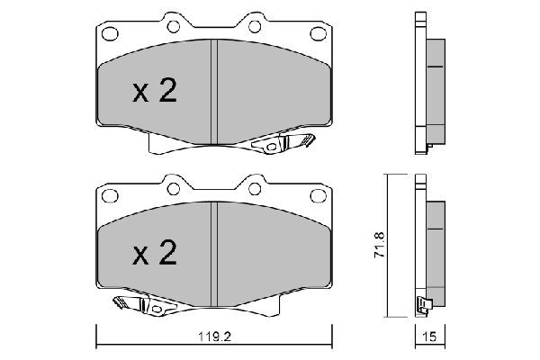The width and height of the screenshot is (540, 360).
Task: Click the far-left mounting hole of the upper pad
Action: (x=111, y=35)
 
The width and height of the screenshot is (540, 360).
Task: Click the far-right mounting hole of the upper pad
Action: (x=319, y=35)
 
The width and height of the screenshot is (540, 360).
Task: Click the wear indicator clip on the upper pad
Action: (x=283, y=143)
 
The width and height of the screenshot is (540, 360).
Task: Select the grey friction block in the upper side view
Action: (x=436, y=90)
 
